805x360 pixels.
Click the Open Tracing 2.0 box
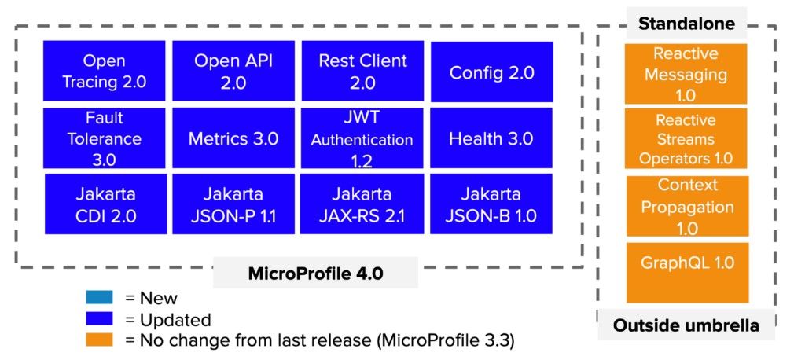[x=105, y=71]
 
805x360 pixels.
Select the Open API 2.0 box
[x=233, y=71]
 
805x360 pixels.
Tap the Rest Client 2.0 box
[x=362, y=71]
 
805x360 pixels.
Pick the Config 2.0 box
[x=491, y=72]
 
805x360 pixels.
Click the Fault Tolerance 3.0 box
[x=105, y=138]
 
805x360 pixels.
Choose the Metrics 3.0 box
[x=233, y=138]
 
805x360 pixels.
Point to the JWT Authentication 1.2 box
[x=362, y=138]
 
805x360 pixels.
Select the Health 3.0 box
[x=491, y=138]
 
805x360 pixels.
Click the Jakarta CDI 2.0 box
[x=106, y=204]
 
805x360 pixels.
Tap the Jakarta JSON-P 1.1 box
[x=233, y=204]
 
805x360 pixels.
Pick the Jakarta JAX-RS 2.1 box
[x=362, y=204]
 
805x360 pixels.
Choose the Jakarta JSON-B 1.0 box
[x=491, y=204]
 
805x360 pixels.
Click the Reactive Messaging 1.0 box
[x=686, y=74]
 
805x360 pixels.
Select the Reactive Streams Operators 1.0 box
[x=686, y=138]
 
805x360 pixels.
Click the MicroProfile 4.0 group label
[x=314, y=274]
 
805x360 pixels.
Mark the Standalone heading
[x=686, y=24]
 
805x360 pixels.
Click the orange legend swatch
[x=102, y=340]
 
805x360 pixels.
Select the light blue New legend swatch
[x=102, y=298]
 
